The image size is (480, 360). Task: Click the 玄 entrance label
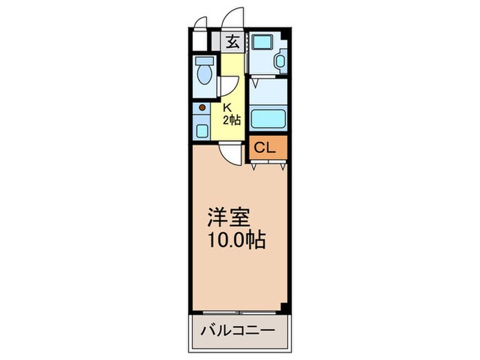click(232, 41)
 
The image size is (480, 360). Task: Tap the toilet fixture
click(204, 71)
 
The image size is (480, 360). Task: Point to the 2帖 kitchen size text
click(231, 119)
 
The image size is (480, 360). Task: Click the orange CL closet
click(265, 147)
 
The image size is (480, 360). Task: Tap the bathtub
click(267, 118)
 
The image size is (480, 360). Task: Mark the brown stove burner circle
click(202, 107)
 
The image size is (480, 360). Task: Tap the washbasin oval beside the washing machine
click(278, 62)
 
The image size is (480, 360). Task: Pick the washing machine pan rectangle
click(261, 41)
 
